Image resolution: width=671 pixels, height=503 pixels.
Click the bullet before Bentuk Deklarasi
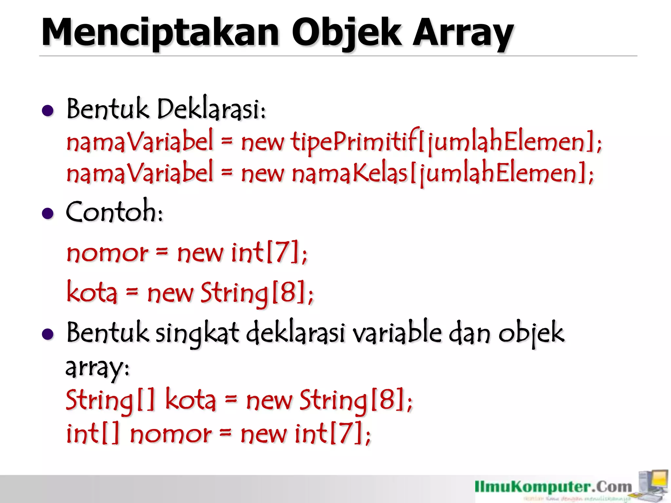click(48, 111)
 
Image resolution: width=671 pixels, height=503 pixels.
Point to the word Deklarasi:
click(211, 109)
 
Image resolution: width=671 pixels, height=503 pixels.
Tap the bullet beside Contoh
click(48, 214)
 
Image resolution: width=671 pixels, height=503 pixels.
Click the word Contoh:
click(114, 212)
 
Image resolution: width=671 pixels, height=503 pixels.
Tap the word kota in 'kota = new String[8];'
click(92, 292)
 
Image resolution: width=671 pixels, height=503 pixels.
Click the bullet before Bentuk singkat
click(48, 334)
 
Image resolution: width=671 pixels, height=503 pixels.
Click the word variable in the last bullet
click(397, 333)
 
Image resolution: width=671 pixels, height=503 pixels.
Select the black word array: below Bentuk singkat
click(98, 368)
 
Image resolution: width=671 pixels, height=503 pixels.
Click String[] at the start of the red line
click(110, 400)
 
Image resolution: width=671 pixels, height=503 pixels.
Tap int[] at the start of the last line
click(92, 434)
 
